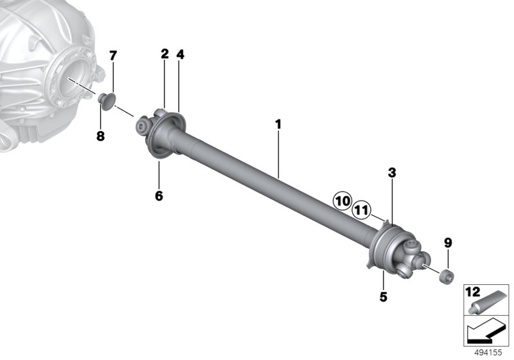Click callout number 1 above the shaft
pyautogui.click(x=278, y=125)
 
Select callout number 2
pyautogui.click(x=164, y=54)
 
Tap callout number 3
pyautogui.click(x=392, y=172)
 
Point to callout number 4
pyautogui.click(x=181, y=55)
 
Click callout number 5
pyautogui.click(x=383, y=297)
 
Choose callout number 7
pyautogui.click(x=113, y=56)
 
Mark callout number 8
pyautogui.click(x=100, y=136)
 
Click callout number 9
pyautogui.click(x=448, y=243)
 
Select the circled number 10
pyautogui.click(x=342, y=201)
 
